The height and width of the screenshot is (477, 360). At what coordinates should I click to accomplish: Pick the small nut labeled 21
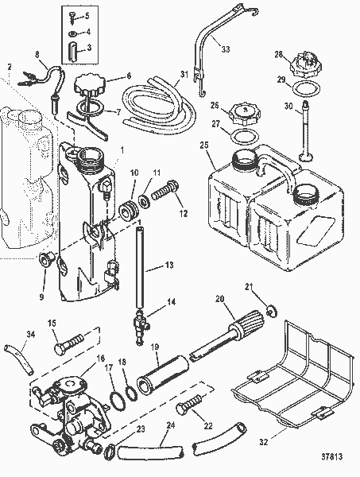pos(271,309)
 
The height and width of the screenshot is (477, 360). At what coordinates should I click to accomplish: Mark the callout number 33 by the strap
pos(225,49)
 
